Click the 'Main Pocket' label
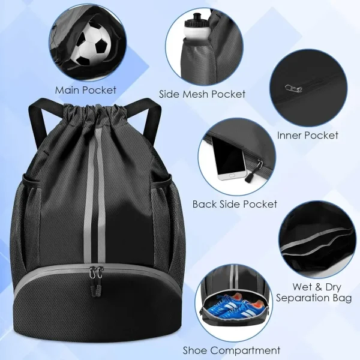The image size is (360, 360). [x=86, y=91]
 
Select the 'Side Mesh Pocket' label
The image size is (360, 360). [x=202, y=94]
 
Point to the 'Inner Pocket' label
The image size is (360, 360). [x=308, y=135]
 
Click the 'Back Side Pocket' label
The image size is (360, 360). [x=235, y=204]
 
